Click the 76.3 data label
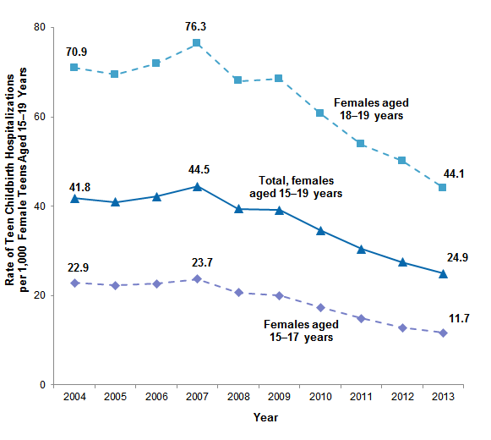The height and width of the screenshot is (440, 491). (x=196, y=26)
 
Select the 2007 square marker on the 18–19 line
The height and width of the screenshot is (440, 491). (x=196, y=43)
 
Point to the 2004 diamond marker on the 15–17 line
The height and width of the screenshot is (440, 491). (x=74, y=283)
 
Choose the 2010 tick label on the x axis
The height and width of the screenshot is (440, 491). (x=319, y=397)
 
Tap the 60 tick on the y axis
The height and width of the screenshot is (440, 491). (x=40, y=117)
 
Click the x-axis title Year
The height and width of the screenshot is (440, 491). (x=265, y=417)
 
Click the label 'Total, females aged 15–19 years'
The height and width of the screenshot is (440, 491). (x=296, y=187)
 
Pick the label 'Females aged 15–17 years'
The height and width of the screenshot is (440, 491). (x=301, y=331)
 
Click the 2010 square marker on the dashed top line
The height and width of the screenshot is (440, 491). (x=319, y=113)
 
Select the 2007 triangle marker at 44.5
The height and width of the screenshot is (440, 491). (x=196, y=186)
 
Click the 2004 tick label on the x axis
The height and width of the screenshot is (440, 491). (x=74, y=397)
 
